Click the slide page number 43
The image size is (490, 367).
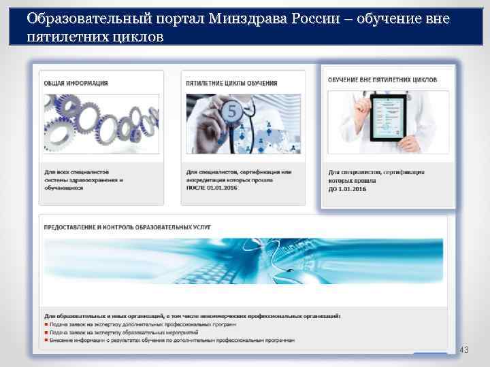(x=465, y=349)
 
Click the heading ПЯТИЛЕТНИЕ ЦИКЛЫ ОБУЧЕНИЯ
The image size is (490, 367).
(x=231, y=83)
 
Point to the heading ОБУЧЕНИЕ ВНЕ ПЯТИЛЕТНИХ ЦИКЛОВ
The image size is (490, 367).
(x=382, y=80)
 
